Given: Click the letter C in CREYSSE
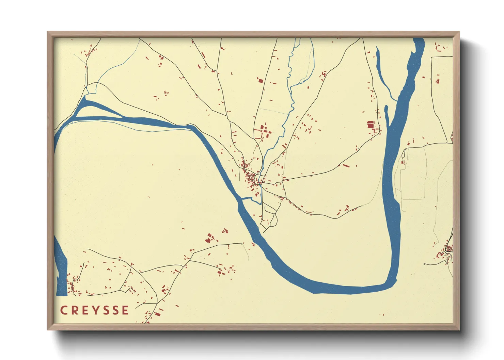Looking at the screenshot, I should coord(64,310).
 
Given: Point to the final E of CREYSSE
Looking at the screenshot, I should coord(125,310).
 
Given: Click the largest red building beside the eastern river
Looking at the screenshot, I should coord(371,125).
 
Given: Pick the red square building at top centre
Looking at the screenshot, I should coord(261,81).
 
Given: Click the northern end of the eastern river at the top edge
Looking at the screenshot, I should coord(419,41).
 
